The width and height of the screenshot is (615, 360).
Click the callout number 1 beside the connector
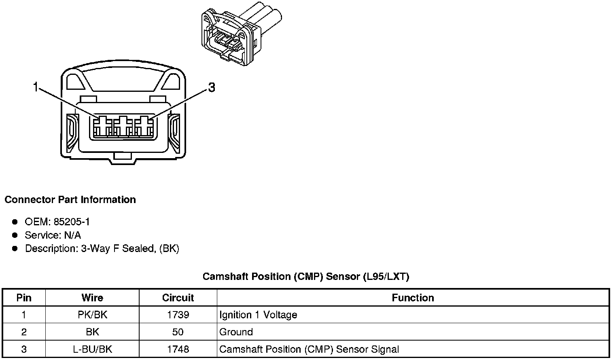[x=36, y=87]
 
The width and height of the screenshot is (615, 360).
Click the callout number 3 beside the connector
[x=211, y=87]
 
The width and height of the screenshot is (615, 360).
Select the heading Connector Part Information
[x=70, y=200]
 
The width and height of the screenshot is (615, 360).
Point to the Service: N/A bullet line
[x=53, y=235]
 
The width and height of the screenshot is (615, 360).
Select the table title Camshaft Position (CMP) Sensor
[x=306, y=277]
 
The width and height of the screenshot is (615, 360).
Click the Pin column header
[x=24, y=298]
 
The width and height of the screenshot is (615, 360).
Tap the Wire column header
[x=92, y=298]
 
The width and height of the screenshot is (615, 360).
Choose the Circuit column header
[x=178, y=298]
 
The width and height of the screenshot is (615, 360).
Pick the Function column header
[x=413, y=298]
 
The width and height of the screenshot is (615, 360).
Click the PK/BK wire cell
[x=92, y=315]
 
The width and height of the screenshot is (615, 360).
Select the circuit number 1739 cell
[x=178, y=315]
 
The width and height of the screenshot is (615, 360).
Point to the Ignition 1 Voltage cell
[x=258, y=315]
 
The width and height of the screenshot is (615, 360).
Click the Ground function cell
[x=236, y=332]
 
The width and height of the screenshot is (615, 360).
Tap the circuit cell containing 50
[x=178, y=332]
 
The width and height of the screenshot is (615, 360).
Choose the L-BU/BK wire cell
[x=92, y=349]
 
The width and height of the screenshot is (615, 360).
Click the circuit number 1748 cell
[x=178, y=349]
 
